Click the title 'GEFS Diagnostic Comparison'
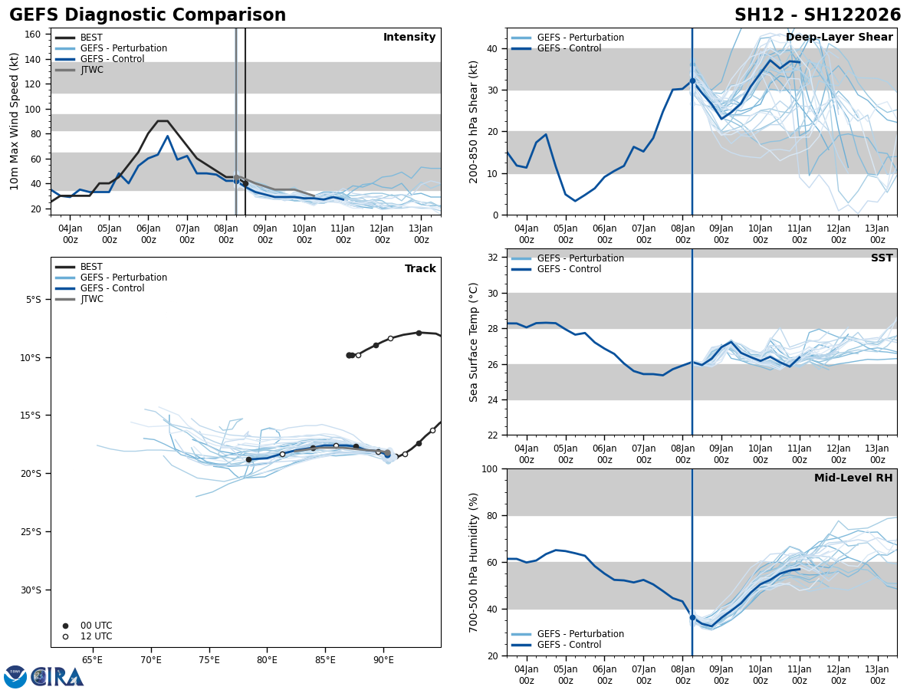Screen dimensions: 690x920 [147, 15]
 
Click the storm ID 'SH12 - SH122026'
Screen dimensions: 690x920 [817, 15]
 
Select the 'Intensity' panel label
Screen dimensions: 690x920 [409, 38]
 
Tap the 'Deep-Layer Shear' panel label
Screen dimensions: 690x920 [839, 38]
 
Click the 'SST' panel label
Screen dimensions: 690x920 [881, 258]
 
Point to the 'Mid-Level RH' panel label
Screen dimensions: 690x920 [853, 478]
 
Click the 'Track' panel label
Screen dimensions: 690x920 [420, 269]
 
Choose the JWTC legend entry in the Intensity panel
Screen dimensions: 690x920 [91, 70]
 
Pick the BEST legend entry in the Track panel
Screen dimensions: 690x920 [91, 267]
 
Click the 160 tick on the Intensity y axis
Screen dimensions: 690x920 [32, 34]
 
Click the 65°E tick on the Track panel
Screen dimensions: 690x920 [92, 659]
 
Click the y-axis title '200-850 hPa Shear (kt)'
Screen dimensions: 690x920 [475, 121]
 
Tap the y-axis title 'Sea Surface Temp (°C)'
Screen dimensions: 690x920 [475, 342]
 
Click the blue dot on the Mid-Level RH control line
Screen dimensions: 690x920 [692, 617]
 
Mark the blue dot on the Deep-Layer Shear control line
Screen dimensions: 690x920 [692, 80]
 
